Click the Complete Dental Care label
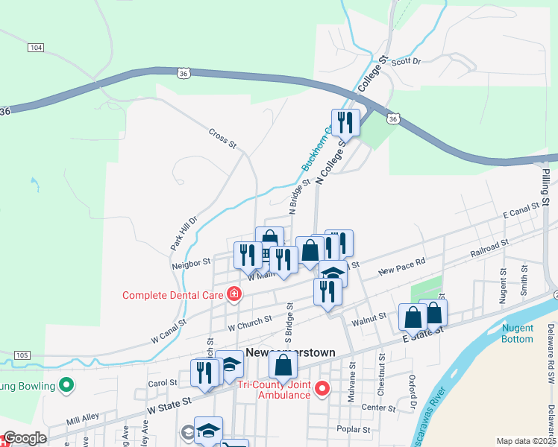pyautogui.click(x=174, y=295)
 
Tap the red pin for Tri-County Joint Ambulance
pyautogui.click(x=322, y=388)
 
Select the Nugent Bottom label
pyautogui.click(x=518, y=333)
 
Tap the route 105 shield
pyautogui.click(x=22, y=355)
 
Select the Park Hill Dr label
pyautogui.click(x=182, y=232)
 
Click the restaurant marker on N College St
pyautogui.click(x=345, y=121)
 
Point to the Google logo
pyautogui.click(x=24, y=438)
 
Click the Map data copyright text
pyautogui.click(x=527, y=441)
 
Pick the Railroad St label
pyautogui.click(x=489, y=248)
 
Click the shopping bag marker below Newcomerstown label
pyautogui.click(x=283, y=365)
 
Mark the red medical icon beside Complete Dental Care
pyautogui.click(x=233, y=294)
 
